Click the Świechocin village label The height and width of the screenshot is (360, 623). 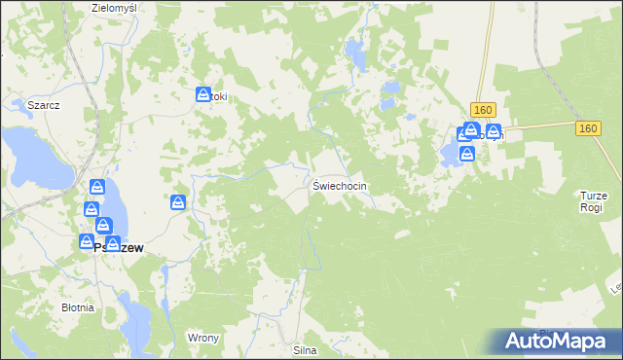pyautogui.click(x=341, y=185)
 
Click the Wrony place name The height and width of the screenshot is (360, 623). pyautogui.click(x=202, y=338)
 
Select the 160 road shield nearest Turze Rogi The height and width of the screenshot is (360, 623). pyautogui.click(x=587, y=128)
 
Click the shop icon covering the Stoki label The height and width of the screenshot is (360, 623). pyautogui.click(x=204, y=95)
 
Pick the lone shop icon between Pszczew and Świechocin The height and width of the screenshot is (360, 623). pyautogui.click(x=178, y=202)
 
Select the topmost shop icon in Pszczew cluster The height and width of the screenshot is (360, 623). pyautogui.click(x=97, y=187)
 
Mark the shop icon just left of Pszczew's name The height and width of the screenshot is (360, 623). pyautogui.click(x=87, y=241)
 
